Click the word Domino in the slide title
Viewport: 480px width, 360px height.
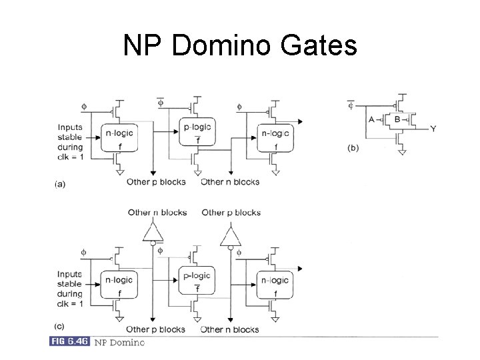(225, 46)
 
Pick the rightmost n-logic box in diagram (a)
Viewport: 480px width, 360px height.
(275, 139)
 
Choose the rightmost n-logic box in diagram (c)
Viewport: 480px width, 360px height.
(275, 285)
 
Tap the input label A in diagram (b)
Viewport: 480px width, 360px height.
(371, 120)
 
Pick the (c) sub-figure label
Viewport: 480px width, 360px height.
(60, 327)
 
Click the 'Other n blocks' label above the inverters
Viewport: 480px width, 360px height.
(157, 213)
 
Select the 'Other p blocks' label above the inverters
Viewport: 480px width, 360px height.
(231, 213)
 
